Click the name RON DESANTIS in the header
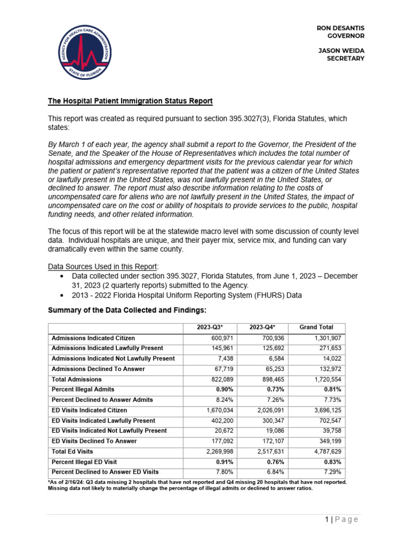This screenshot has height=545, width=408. pos(341,27)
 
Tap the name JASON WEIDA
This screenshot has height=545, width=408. pos(341,50)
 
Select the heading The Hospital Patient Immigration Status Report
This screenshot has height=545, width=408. pos(131,101)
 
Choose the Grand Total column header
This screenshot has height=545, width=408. pos(317,328)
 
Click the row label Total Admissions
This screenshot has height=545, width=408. pos(76,379)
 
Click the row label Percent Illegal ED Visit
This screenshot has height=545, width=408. pos(84,461)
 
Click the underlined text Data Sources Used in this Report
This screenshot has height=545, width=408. pos(98,267)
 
